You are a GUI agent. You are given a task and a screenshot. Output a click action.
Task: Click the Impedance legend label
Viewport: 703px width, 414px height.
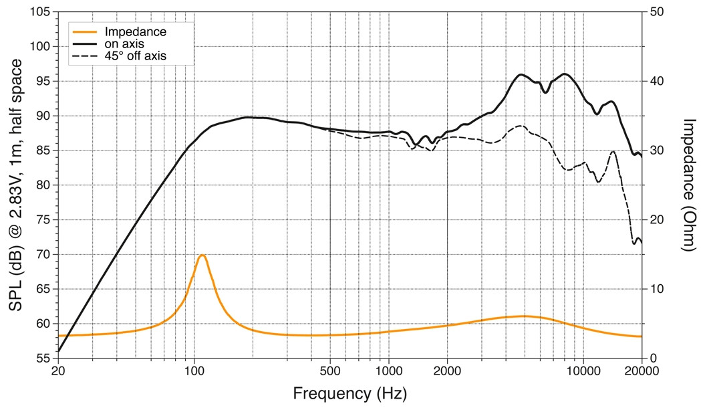(x=136, y=32)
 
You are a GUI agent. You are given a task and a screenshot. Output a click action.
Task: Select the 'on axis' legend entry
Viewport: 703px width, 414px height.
(x=124, y=44)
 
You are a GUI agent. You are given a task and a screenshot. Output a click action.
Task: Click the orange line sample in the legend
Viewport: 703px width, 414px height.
(x=84, y=32)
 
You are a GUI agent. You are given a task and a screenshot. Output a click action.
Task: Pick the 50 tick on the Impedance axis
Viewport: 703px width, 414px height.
(x=656, y=11)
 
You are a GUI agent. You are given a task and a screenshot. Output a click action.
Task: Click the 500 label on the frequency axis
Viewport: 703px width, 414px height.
(x=330, y=371)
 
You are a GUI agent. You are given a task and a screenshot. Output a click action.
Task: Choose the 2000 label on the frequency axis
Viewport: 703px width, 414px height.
(x=447, y=371)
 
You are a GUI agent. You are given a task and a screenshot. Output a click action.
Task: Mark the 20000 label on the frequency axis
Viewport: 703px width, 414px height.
(x=642, y=371)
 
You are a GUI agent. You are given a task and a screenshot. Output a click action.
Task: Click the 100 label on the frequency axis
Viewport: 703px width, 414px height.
(x=194, y=371)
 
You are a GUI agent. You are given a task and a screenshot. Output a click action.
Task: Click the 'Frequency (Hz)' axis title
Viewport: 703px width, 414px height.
(x=349, y=394)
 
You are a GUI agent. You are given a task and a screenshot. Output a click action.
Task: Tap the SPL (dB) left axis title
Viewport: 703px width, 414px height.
(x=16, y=185)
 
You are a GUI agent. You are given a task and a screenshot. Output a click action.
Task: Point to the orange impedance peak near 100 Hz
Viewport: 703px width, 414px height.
(x=202, y=255)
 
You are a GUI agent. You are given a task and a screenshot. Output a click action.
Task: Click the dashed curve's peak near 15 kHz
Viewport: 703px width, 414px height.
(x=613, y=152)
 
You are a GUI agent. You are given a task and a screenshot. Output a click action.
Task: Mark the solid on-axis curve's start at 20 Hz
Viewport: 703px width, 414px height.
(x=59, y=350)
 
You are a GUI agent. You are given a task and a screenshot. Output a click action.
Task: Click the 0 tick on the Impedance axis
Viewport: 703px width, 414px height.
(x=652, y=358)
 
